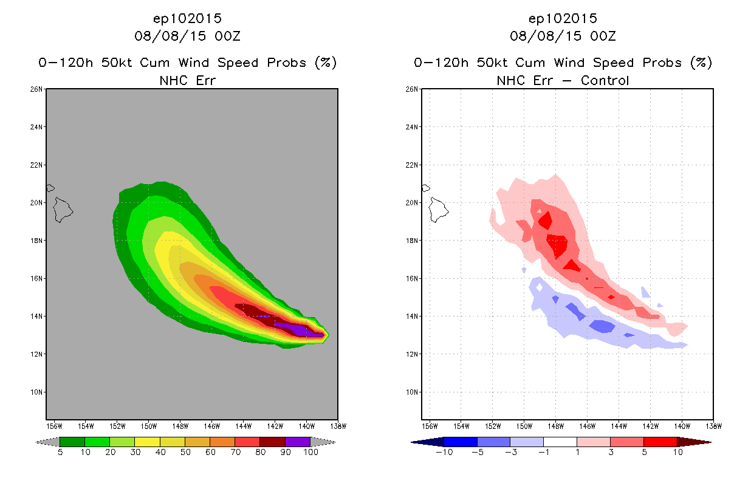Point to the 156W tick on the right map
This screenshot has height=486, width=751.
[430, 426]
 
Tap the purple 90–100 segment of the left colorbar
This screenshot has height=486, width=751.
[298, 442]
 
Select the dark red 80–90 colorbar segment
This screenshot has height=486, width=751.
[272, 442]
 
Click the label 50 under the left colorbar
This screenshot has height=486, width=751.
[185, 452]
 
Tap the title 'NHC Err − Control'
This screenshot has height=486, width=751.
[563, 80]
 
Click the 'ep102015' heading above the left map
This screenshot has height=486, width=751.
[187, 18]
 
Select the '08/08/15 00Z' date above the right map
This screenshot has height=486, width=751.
[563, 36]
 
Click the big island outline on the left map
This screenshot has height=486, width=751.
[63, 210]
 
